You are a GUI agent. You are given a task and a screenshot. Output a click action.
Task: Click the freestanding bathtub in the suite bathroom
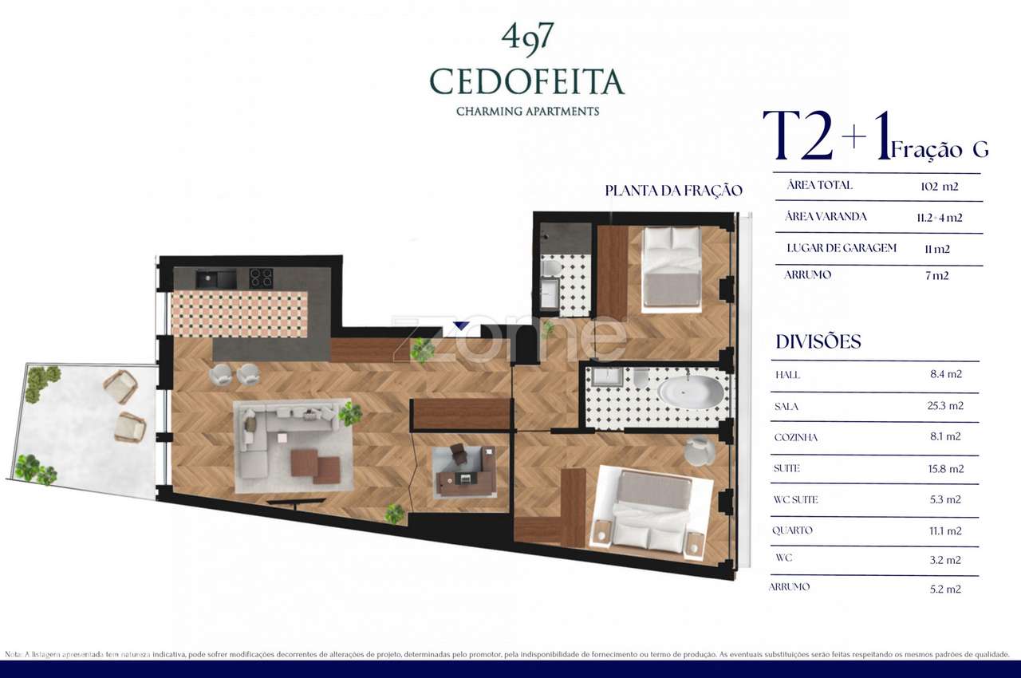690,392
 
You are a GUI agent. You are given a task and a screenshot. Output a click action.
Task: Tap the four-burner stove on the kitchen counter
261,278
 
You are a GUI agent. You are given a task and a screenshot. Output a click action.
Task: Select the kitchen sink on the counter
215,278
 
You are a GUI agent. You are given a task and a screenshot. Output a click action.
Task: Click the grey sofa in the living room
271,435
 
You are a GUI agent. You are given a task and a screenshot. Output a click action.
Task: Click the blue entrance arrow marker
460,325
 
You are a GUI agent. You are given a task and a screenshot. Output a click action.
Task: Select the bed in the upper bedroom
672,267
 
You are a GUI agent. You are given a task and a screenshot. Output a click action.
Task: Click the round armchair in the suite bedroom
700,451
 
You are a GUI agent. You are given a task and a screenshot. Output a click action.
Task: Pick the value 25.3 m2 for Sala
947,406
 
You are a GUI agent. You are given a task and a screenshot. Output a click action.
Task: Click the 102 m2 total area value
939,187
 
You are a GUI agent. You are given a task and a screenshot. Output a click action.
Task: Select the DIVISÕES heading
818,342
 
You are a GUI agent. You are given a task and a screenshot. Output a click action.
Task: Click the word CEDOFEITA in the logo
526,81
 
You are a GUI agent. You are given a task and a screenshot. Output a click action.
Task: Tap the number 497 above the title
527,37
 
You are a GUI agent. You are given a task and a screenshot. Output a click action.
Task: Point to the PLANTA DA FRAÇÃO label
673,191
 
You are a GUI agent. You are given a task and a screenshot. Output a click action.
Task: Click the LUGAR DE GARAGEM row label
842,248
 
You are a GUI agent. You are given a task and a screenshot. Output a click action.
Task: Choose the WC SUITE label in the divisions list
795,500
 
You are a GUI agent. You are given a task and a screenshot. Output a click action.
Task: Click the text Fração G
940,149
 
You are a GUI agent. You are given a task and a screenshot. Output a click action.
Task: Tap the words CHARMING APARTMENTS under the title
527,112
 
